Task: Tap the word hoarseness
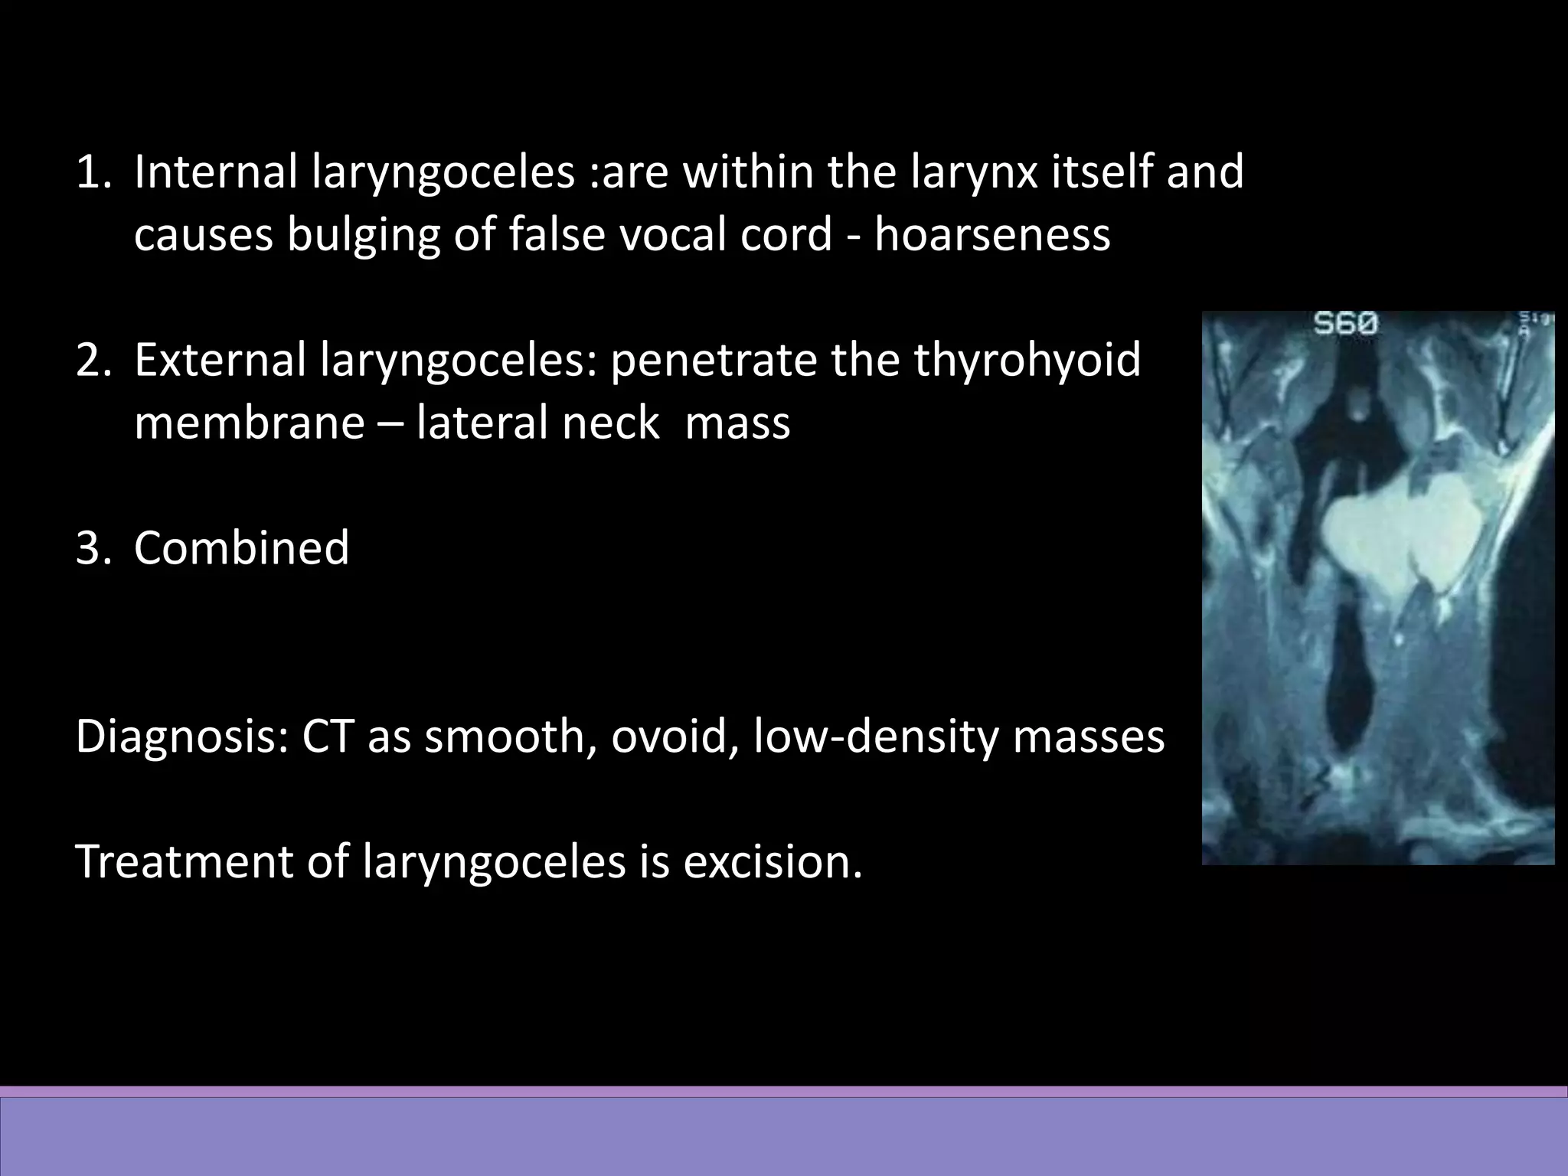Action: click(992, 234)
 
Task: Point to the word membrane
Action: click(249, 423)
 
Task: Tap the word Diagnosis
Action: click(181, 737)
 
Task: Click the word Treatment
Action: click(184, 861)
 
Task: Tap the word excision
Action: click(773, 861)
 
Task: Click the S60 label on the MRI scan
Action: click(1345, 325)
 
